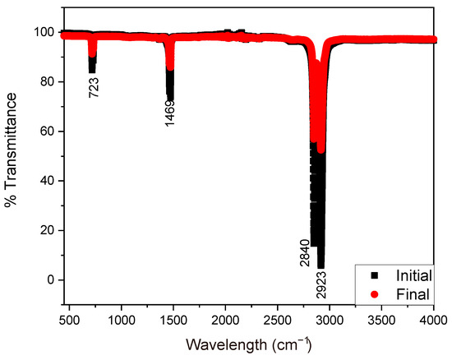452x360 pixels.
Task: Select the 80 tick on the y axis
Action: (x=47, y=82)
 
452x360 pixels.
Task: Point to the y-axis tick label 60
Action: (x=47, y=132)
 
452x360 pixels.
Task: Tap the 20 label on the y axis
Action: (x=47, y=230)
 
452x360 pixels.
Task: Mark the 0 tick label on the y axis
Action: (x=50, y=279)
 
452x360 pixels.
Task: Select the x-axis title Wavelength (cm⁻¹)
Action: (x=247, y=343)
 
